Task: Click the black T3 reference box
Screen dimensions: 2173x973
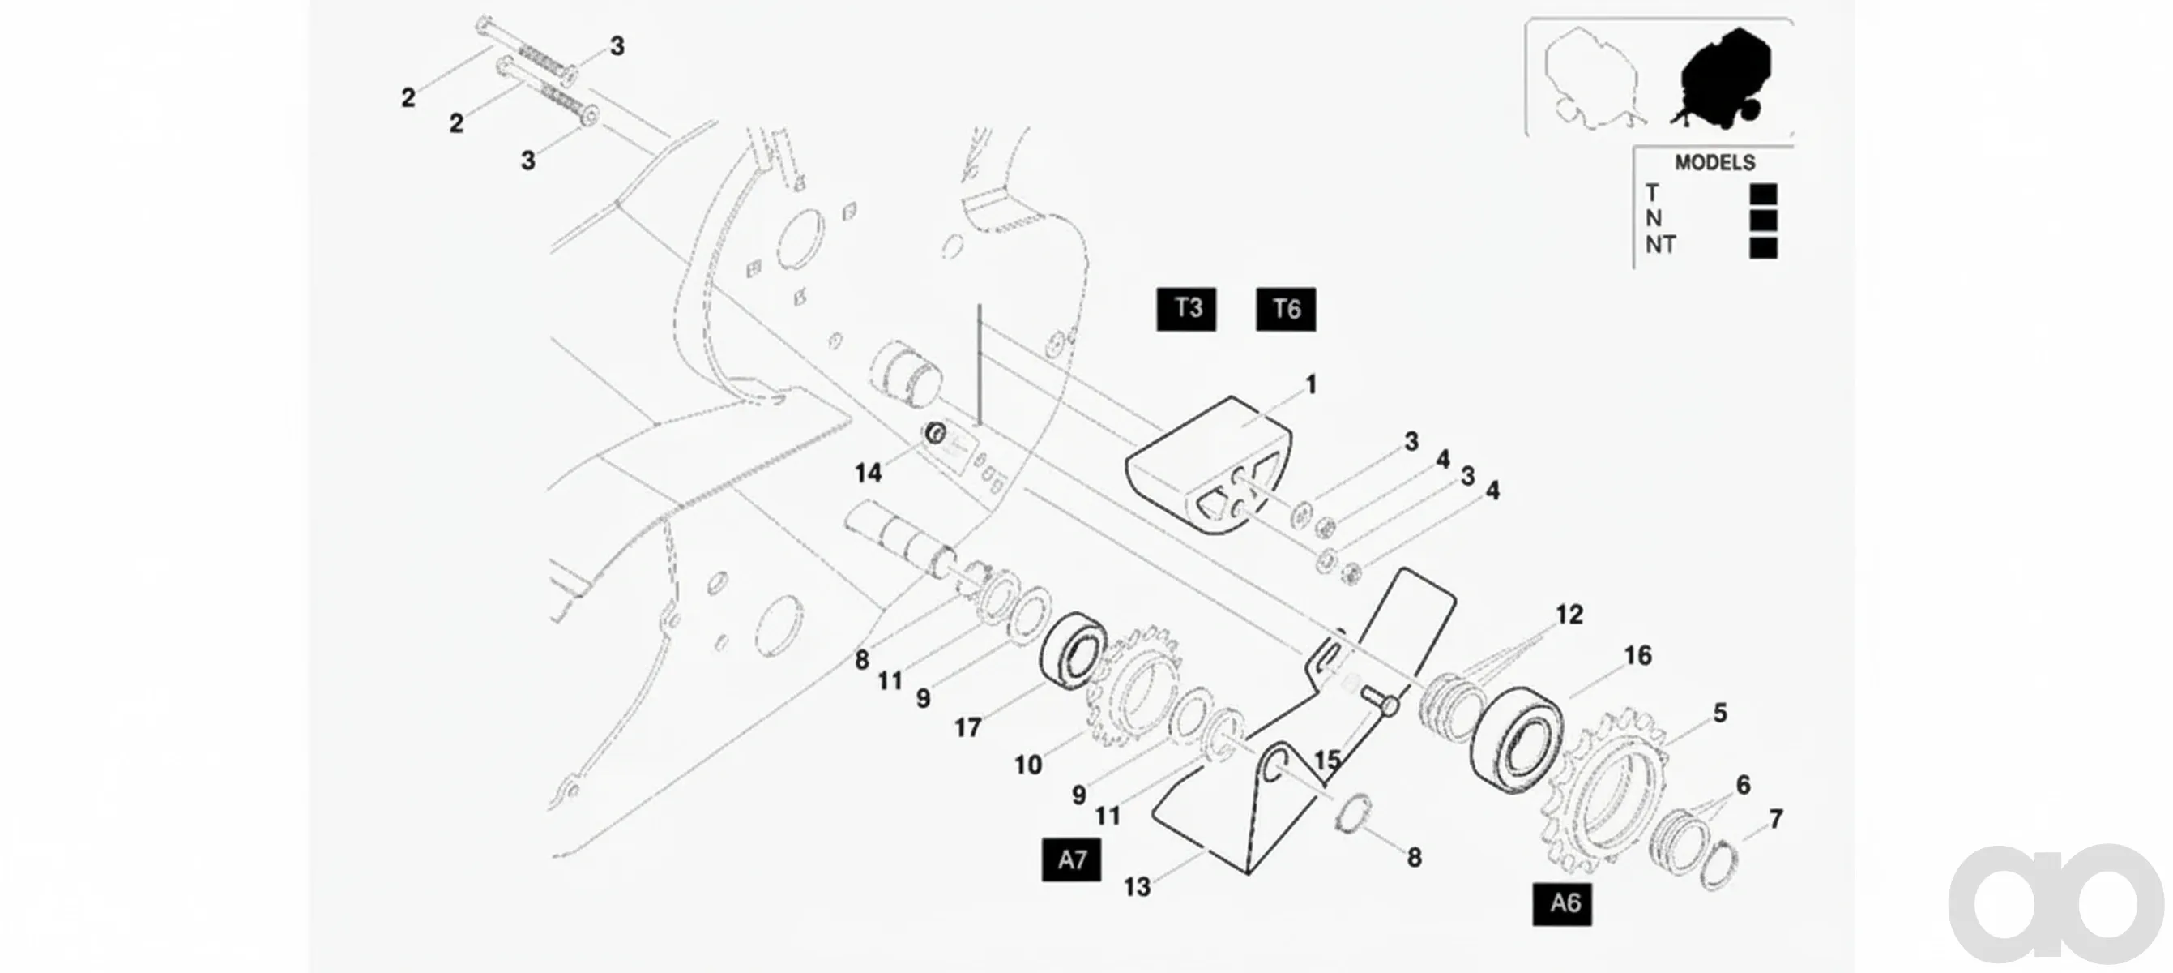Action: click(x=1186, y=309)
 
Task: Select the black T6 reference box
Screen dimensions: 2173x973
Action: click(x=1286, y=310)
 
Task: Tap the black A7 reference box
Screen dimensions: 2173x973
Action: click(x=1071, y=860)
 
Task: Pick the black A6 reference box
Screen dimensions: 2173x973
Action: click(x=1562, y=904)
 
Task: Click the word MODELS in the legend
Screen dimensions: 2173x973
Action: click(x=1715, y=163)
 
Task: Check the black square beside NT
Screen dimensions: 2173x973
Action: click(x=1763, y=248)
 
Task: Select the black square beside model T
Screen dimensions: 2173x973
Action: click(x=1763, y=194)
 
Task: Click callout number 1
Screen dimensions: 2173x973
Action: click(x=1311, y=385)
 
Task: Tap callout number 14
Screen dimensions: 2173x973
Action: click(x=868, y=474)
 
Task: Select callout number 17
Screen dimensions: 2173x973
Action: click(x=967, y=727)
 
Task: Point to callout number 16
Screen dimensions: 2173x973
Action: click(x=1637, y=656)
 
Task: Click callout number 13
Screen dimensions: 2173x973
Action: click(x=1137, y=887)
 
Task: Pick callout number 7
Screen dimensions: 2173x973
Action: click(x=1776, y=820)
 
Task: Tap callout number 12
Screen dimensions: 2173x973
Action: click(x=1569, y=615)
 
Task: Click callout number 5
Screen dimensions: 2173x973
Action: click(x=1720, y=713)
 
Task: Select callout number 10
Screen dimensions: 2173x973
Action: click(x=1027, y=765)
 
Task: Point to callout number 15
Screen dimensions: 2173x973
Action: click(x=1327, y=761)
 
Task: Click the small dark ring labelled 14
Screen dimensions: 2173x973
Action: click(x=936, y=434)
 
